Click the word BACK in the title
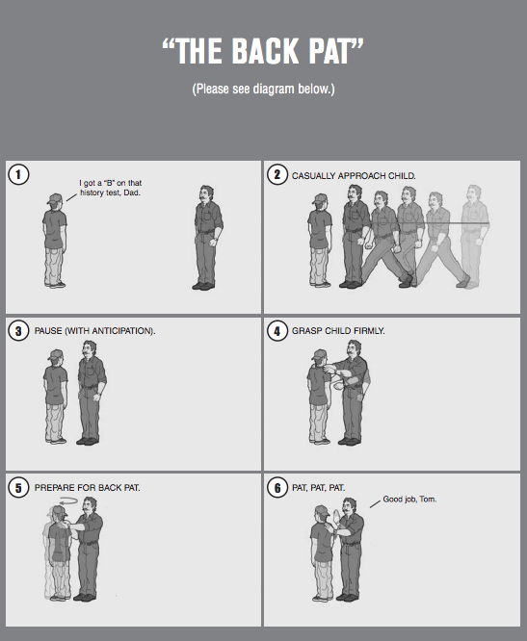click(x=266, y=51)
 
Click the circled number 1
click(x=18, y=175)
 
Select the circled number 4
click(x=277, y=330)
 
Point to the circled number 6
click(x=277, y=487)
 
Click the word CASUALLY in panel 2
click(x=311, y=176)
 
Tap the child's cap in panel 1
click(x=55, y=198)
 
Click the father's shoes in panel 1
click(x=203, y=286)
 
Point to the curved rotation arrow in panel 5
click(x=68, y=500)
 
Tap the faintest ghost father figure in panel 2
click(x=475, y=237)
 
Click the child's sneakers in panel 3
click(x=56, y=440)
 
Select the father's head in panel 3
click(x=89, y=350)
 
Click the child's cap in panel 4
click(x=319, y=354)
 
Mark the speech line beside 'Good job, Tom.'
click(x=375, y=503)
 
